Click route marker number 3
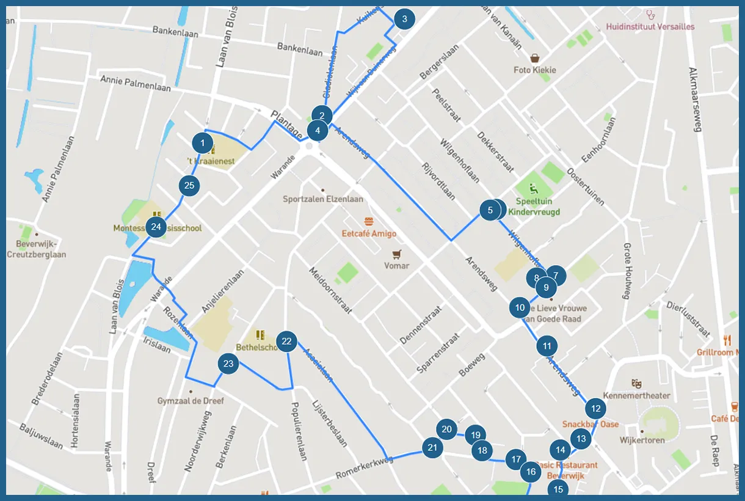404,19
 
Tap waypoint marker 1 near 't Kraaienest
202,144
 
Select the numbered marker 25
189,186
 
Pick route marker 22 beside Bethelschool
286,341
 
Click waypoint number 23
228,364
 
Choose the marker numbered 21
433,447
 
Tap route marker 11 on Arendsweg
547,346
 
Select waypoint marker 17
516,459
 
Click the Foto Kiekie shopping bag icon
535,58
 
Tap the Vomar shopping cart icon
397,254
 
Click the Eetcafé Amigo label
369,233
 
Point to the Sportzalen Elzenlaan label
323,199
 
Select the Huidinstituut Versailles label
650,27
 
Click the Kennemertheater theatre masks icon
637,384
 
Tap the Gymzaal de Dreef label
191,401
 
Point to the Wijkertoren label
642,440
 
